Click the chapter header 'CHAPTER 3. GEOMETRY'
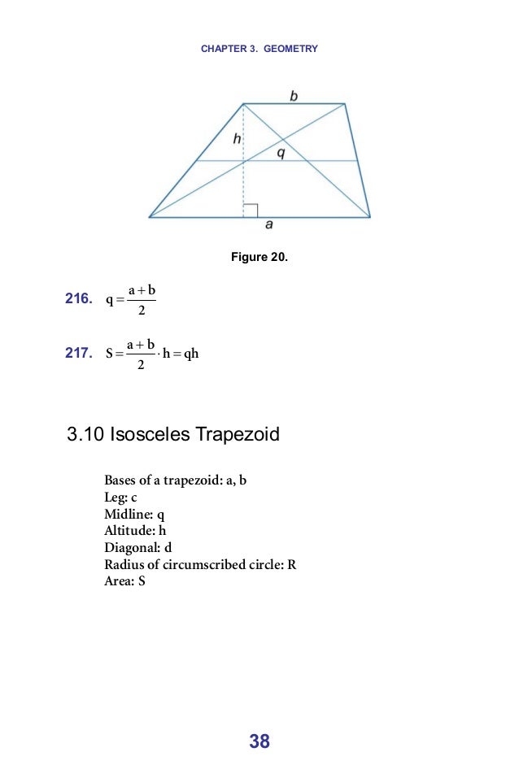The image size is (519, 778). [259, 49]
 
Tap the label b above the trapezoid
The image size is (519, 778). [294, 96]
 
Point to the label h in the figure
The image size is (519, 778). [237, 139]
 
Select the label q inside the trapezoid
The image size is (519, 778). [281, 152]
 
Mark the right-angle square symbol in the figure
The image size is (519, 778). [251, 210]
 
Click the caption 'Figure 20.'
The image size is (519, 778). [259, 258]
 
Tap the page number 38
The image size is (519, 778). [259, 741]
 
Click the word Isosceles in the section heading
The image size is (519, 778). [150, 435]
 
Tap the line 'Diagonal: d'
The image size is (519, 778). [138, 547]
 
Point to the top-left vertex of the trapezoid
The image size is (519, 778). [243, 103]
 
